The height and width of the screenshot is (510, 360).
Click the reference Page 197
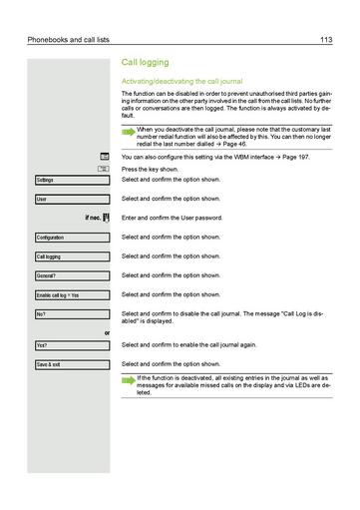313,158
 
